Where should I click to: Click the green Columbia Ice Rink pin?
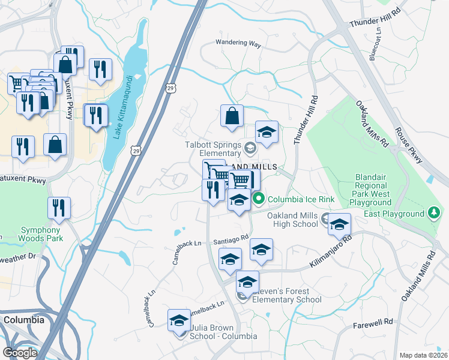pos(259,199)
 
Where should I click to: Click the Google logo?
pos(19,352)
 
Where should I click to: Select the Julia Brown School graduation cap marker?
pos(179,322)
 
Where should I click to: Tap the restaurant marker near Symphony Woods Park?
pos(59,208)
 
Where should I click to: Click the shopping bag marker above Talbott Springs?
pos(232,115)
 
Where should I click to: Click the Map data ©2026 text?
pos(423,355)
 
